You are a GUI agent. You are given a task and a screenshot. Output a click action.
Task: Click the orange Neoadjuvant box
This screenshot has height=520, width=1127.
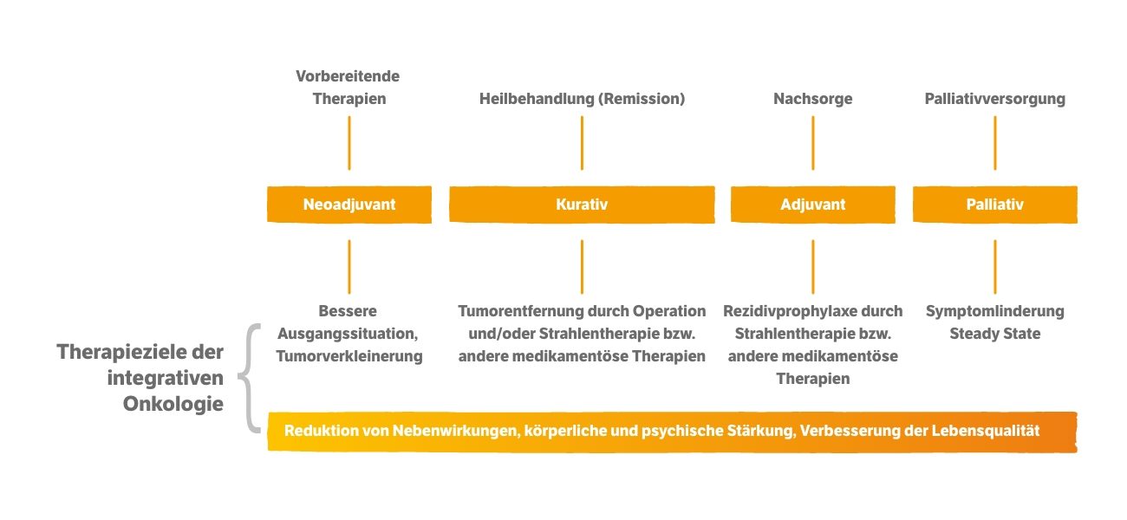click(349, 205)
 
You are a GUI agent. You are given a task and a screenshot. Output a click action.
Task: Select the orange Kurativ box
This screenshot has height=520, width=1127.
click(582, 205)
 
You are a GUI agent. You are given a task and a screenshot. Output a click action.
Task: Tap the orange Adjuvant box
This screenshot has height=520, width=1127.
click(813, 205)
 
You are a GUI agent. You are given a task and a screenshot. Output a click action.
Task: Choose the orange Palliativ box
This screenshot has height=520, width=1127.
click(995, 205)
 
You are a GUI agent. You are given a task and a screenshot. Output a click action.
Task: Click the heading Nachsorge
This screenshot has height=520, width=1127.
click(813, 99)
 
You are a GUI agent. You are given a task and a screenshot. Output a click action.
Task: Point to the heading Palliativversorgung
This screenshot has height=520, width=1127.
click(995, 99)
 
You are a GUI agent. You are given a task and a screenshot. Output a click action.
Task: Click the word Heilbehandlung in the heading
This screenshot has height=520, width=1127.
click(537, 99)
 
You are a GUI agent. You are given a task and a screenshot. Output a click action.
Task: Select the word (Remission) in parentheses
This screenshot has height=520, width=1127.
click(642, 99)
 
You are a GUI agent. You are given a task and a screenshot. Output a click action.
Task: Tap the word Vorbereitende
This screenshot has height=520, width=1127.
click(348, 76)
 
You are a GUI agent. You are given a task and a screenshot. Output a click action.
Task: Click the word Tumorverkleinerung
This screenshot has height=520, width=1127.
click(349, 356)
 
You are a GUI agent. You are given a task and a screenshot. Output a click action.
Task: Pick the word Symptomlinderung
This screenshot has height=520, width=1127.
click(995, 311)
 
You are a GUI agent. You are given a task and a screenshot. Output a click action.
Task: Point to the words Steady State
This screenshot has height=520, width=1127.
click(995, 334)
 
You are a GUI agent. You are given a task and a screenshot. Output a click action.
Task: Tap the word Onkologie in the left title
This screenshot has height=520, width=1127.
click(173, 404)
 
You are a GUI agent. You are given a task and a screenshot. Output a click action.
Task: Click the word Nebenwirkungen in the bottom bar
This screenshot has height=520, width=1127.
click(456, 431)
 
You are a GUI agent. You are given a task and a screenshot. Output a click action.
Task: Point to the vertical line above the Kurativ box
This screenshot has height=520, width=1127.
click(582, 143)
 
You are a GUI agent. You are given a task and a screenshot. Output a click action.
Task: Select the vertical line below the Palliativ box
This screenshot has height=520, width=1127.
click(995, 267)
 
